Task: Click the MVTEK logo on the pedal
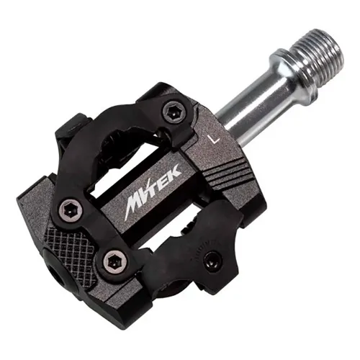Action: (x=153, y=192)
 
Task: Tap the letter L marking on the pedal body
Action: (x=214, y=139)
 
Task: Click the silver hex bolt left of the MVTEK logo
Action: (x=71, y=210)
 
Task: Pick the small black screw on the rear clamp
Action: (x=212, y=261)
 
